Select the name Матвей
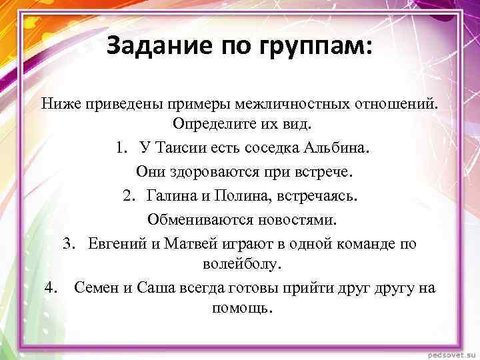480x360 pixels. (190, 243)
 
